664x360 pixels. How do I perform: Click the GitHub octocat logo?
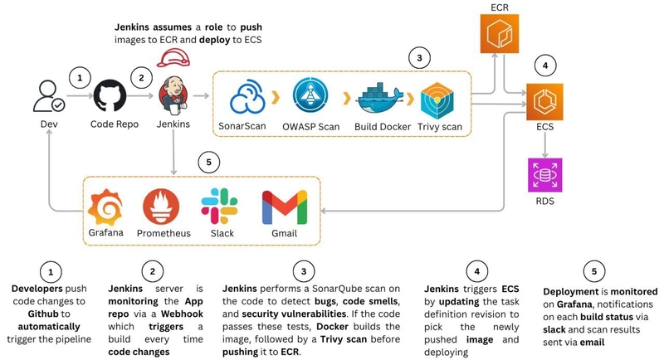point(110,96)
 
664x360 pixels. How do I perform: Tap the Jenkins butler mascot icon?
point(173,95)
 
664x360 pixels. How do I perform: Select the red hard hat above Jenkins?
point(173,58)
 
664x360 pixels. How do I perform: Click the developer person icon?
point(49,96)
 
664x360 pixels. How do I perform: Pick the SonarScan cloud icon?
point(247,98)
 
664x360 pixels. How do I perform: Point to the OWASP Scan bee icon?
point(310,95)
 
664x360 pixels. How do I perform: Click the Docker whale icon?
point(380,98)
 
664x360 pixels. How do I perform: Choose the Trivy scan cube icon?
point(437,100)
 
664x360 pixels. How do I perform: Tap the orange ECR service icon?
point(500,34)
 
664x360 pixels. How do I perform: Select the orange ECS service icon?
point(544,101)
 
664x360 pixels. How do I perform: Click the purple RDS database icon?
point(545,175)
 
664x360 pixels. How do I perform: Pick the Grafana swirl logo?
point(105,207)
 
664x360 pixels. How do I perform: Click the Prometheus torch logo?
point(161,207)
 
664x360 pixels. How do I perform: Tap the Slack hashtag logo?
point(219,206)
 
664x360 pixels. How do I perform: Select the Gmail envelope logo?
point(285,207)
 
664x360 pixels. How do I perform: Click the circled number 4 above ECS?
point(545,66)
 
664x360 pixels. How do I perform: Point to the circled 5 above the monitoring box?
point(208,162)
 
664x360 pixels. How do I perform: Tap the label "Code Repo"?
point(115,124)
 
